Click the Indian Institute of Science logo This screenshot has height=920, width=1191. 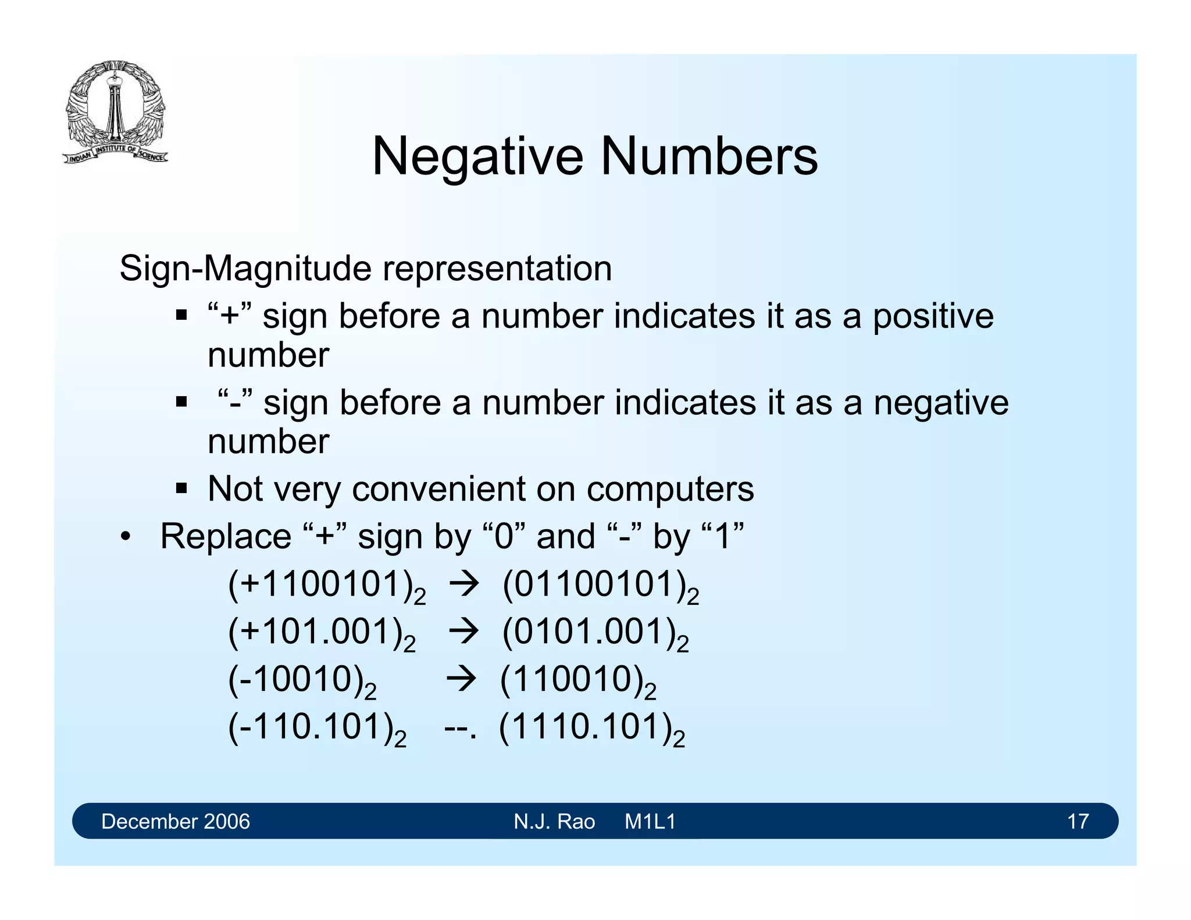[115, 112]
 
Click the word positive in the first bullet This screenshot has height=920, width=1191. [933, 318]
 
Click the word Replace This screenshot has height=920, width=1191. [226, 536]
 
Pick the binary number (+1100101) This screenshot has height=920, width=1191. [326, 585]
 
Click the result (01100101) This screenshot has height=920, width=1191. [600, 585]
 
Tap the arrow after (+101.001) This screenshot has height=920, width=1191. [463, 632]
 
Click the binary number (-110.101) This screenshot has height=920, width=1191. [316, 728]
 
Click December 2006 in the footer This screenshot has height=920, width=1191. [175, 821]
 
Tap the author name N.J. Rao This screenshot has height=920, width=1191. [554, 821]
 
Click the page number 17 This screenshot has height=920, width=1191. [1078, 821]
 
